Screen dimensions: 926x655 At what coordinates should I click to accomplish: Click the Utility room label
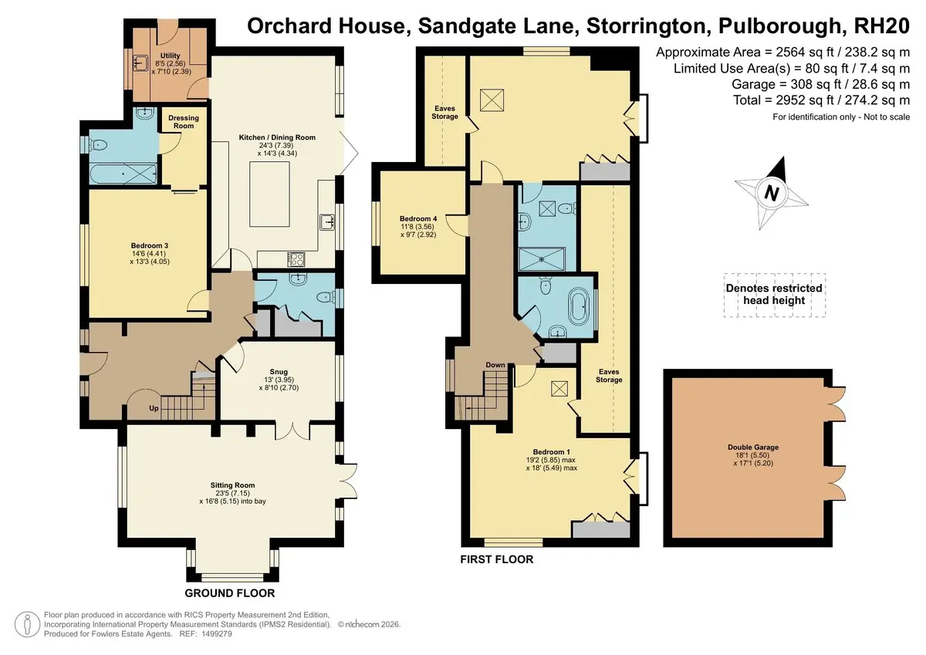click(171, 56)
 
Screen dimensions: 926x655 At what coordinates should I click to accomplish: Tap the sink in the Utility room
click(141, 63)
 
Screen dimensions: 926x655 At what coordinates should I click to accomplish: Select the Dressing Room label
click(184, 122)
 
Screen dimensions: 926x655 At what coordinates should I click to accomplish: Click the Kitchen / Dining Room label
click(277, 137)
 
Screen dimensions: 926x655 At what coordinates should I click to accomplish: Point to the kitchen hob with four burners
click(296, 259)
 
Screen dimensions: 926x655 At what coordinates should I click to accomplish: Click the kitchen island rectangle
click(269, 194)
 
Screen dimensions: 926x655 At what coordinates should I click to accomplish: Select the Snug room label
click(279, 372)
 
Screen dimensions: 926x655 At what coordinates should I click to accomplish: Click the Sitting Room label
click(232, 485)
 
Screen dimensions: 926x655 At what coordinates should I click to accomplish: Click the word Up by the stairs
click(154, 408)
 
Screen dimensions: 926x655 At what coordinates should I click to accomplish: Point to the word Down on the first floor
click(495, 365)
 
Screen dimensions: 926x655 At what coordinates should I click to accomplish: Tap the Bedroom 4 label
click(418, 218)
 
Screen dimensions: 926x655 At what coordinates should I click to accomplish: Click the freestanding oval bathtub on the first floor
click(577, 307)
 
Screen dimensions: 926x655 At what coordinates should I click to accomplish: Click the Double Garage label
click(753, 447)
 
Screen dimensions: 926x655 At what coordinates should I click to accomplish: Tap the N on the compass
click(772, 194)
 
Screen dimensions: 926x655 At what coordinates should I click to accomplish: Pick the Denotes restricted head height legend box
click(774, 295)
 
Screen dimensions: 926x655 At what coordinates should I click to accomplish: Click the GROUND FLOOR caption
click(230, 593)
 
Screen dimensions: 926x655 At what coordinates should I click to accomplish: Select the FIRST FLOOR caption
click(497, 559)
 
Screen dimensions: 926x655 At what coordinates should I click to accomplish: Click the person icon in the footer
click(27, 624)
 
